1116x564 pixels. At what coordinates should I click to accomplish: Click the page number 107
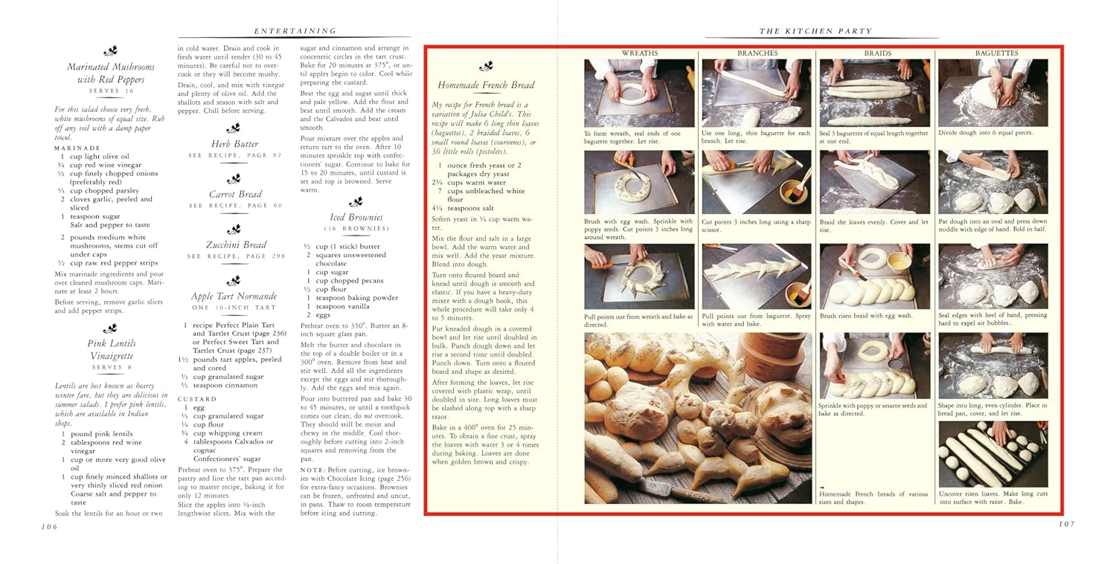coord(1065,525)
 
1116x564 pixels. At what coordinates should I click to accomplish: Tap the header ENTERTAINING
coord(295,31)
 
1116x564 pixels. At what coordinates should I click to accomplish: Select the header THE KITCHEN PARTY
coord(815,31)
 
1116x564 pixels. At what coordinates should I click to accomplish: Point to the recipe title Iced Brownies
coord(356,218)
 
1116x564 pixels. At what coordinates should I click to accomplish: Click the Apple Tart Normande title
coord(234,296)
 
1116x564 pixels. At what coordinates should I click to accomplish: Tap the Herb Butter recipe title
coord(235,143)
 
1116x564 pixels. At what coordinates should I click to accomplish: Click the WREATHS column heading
coord(639,54)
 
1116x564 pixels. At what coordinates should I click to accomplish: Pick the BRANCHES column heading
coord(757,54)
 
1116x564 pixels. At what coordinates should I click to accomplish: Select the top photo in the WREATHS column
coord(639,93)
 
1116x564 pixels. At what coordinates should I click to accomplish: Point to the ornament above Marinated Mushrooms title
coord(111,51)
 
